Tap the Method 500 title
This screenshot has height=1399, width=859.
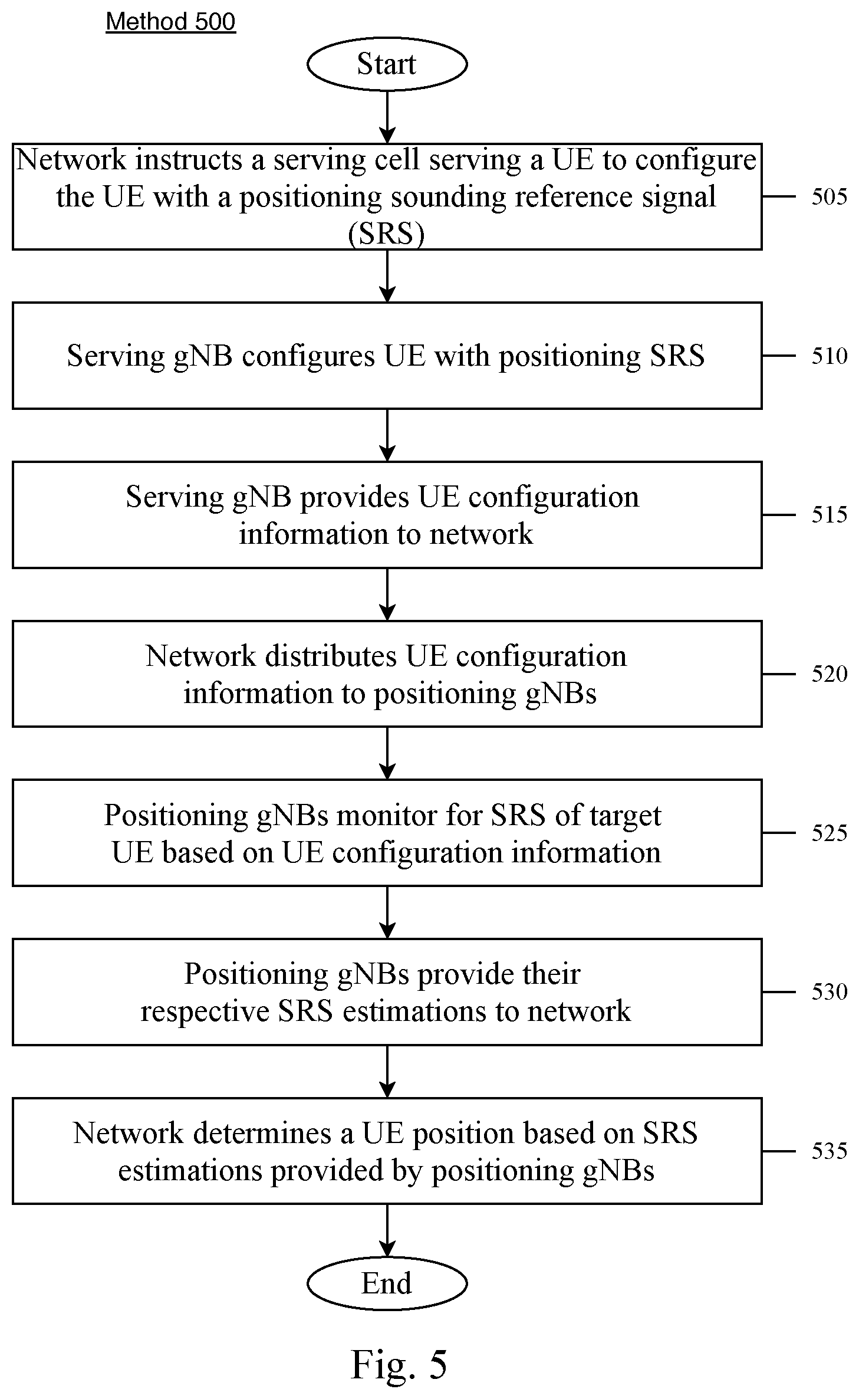point(170,22)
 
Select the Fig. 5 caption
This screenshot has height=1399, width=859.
point(399,1364)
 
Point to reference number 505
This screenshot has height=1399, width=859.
point(830,196)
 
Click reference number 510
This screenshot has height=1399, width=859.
point(830,356)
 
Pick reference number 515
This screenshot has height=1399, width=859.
point(830,514)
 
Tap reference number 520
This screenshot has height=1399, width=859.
point(830,674)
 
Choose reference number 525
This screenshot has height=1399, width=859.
point(830,833)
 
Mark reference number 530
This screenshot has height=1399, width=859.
point(830,991)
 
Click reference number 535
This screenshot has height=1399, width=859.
point(830,1151)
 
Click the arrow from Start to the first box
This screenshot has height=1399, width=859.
point(387,117)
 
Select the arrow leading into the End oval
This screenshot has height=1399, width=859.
point(387,1230)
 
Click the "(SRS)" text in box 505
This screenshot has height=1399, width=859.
point(386,234)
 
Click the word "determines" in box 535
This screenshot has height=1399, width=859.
point(272,1133)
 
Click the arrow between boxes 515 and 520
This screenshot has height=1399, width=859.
point(387,595)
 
